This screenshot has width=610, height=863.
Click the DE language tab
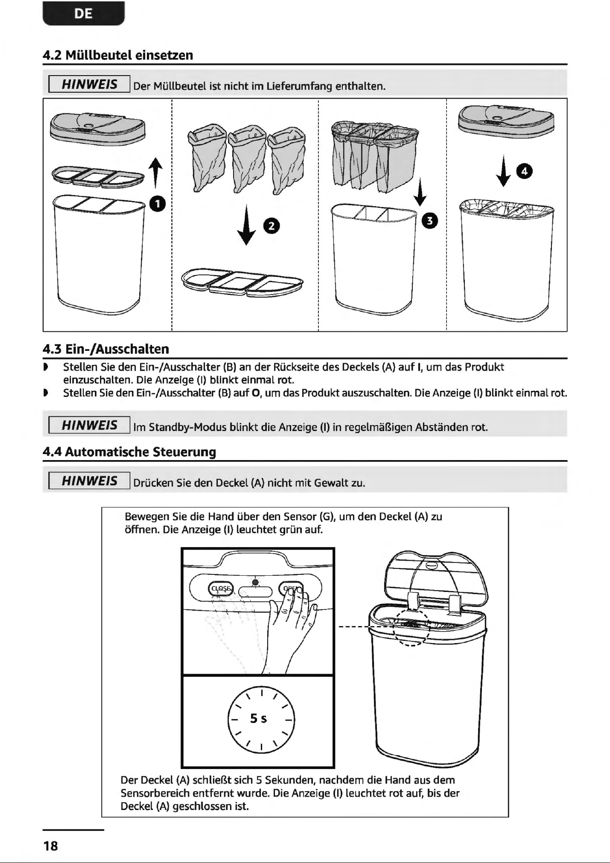[x=83, y=13]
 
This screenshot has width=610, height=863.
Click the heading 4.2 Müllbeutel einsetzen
[x=118, y=55]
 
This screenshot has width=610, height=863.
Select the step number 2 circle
[x=271, y=225]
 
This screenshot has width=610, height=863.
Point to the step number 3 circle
[x=430, y=221]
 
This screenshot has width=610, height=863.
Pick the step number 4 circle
[x=525, y=171]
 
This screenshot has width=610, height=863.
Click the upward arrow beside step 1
[x=156, y=173]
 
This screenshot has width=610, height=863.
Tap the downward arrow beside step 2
[x=247, y=225]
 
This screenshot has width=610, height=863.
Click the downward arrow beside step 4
[x=504, y=170]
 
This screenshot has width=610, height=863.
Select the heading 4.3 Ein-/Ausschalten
[x=106, y=349]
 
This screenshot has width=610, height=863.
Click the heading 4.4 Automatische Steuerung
[x=129, y=452]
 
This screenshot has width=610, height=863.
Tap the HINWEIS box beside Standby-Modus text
[x=89, y=425]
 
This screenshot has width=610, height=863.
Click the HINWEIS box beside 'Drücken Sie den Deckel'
[x=89, y=481]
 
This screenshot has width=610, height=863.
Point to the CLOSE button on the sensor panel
[x=221, y=589]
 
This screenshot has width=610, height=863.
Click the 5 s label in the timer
[x=258, y=718]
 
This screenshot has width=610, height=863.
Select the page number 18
[x=51, y=846]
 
